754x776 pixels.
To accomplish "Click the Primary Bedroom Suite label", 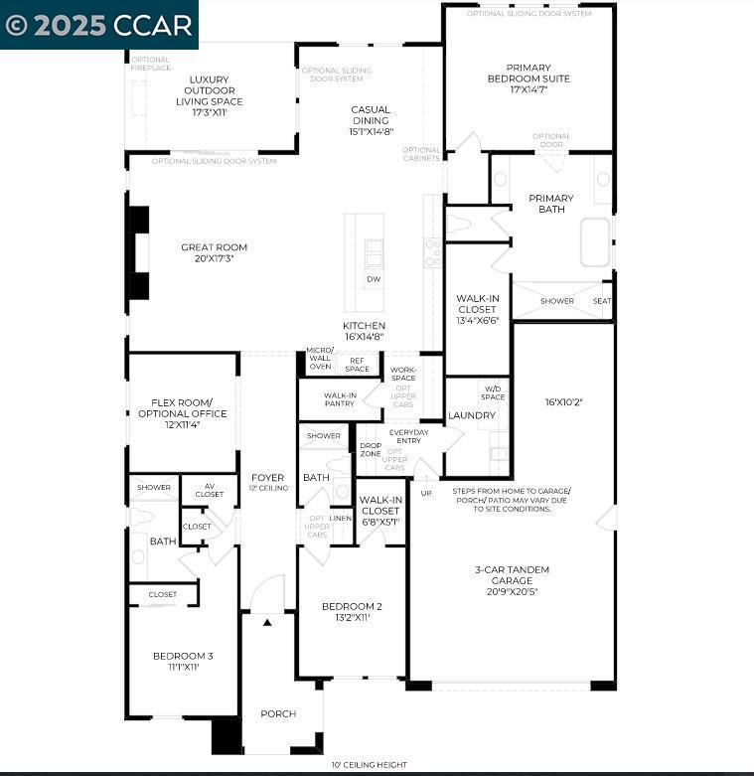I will [528, 78].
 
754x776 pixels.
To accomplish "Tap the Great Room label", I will [214, 252].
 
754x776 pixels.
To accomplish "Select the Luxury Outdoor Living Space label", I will [209, 95].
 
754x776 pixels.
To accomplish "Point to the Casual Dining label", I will [370, 120].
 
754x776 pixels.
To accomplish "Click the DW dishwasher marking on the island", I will [374, 279].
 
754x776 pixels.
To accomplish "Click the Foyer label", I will [268, 482].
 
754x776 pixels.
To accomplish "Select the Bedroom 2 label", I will [352, 611].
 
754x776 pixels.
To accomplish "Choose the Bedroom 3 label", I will [182, 661].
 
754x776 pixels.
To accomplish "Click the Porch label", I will [278, 713].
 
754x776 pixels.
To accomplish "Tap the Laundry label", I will [472, 415].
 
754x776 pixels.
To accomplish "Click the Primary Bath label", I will [551, 204].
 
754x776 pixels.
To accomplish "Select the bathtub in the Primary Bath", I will [595, 242].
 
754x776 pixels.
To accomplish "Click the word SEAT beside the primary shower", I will [602, 301].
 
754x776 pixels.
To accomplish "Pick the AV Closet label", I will [209, 490].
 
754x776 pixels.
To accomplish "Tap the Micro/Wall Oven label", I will [320, 359].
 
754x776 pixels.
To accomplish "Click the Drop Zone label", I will [370, 450].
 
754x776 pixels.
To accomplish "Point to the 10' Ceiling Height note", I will [369, 764].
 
